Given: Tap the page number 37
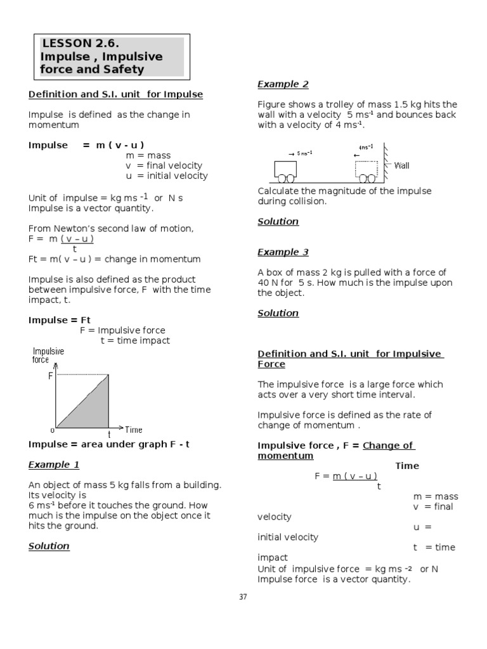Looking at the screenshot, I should point(243,596).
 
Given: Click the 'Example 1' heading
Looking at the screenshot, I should point(54,465).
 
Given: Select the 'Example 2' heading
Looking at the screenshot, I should point(283,84).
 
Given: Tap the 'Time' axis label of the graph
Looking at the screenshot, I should point(134,430).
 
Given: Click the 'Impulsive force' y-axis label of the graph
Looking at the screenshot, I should point(48,355).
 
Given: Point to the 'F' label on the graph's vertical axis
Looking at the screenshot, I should point(51,376).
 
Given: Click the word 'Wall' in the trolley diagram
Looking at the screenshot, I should point(402,165).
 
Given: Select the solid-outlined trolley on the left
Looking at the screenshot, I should point(285,170).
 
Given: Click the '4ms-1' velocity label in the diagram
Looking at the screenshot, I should point(366,147).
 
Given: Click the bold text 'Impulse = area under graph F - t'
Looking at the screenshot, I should point(109,444).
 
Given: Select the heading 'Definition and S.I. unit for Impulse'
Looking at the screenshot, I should point(115,94).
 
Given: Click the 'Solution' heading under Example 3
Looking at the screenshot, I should point(278,312).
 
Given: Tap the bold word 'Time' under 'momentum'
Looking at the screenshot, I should point(407,466).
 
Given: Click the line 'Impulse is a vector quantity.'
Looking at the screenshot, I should point(91,207).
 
